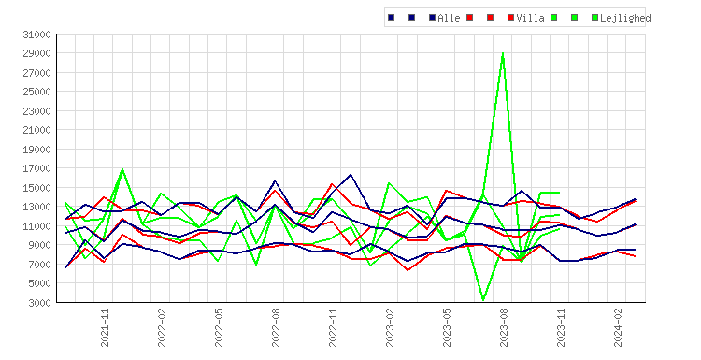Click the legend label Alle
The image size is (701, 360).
pos(449,18)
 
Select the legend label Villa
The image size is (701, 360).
pos(530,18)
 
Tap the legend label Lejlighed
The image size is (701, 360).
pos(625,18)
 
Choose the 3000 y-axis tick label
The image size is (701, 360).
pos(39,303)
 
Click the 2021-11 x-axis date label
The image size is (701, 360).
pos(105,328)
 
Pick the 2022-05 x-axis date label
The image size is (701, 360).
pos(219,328)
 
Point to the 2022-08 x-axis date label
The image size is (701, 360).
pos(277,328)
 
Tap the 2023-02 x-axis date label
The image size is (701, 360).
pos(391,328)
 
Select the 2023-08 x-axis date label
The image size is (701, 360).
pos(505,328)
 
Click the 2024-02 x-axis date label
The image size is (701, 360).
pos(619,328)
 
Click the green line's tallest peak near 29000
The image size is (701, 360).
pos(503,53)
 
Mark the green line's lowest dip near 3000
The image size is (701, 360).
pos(483,300)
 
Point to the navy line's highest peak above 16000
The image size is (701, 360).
pos(350,175)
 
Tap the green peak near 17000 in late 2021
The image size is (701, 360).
pos(122,169)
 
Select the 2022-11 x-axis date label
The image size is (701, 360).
pos(333,328)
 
